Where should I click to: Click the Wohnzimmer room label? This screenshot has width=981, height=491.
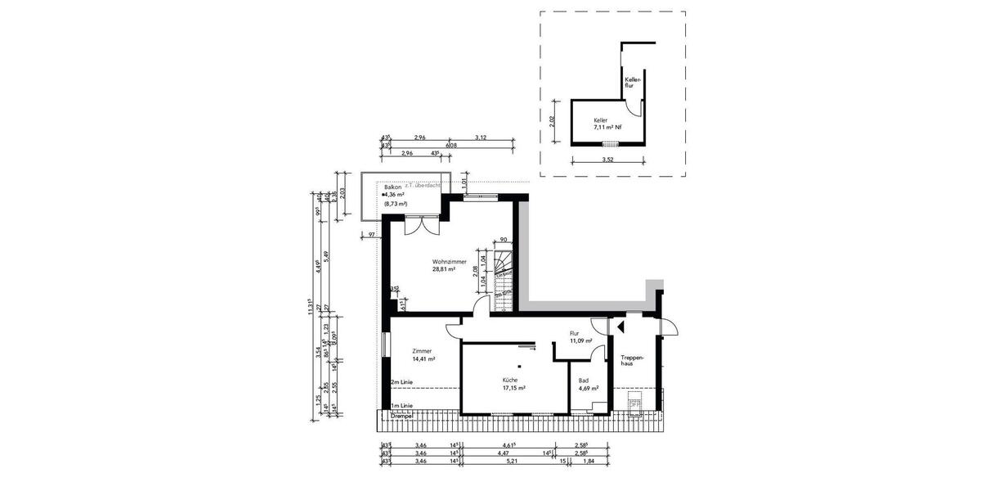pos(449,261)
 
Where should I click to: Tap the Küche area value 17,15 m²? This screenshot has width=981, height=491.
pos(513,388)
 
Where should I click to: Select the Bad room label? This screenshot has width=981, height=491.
pos(584,381)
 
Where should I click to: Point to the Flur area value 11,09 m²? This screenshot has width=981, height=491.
pos(580,340)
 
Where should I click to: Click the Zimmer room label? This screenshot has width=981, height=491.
pos(423,351)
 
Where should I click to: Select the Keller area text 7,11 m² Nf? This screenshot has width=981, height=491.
pos(607,128)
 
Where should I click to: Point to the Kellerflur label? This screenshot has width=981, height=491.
pos(630,82)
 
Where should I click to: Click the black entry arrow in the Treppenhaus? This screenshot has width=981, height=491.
pos(620,326)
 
